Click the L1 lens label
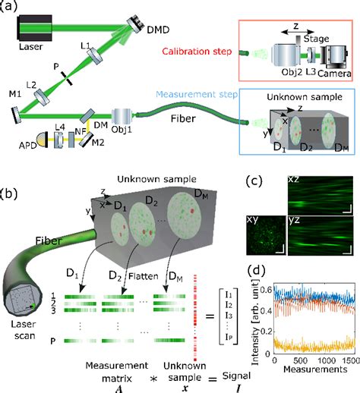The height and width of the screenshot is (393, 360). coord(86,47)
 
